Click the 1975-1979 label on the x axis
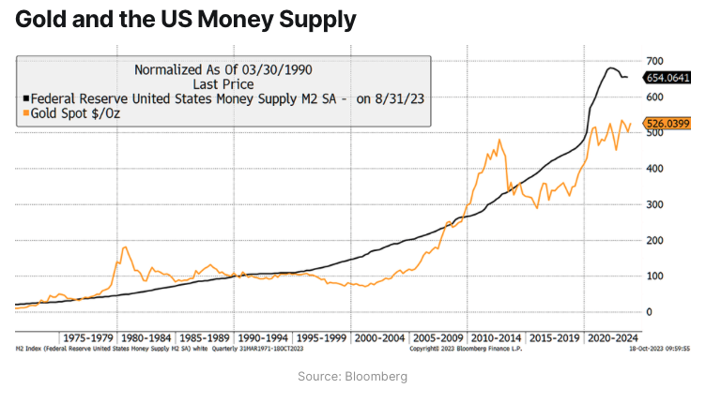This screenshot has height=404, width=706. [87, 337]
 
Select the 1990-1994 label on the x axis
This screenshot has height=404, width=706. [262, 337]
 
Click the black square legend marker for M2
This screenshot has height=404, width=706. [25, 98]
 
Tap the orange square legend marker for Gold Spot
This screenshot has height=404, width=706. [25, 113]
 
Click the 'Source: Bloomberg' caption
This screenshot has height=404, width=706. [352, 376]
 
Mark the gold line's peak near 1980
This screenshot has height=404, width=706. [126, 247]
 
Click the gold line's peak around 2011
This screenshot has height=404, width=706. [499, 141]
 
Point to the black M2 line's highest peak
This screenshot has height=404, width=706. [611, 67]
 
